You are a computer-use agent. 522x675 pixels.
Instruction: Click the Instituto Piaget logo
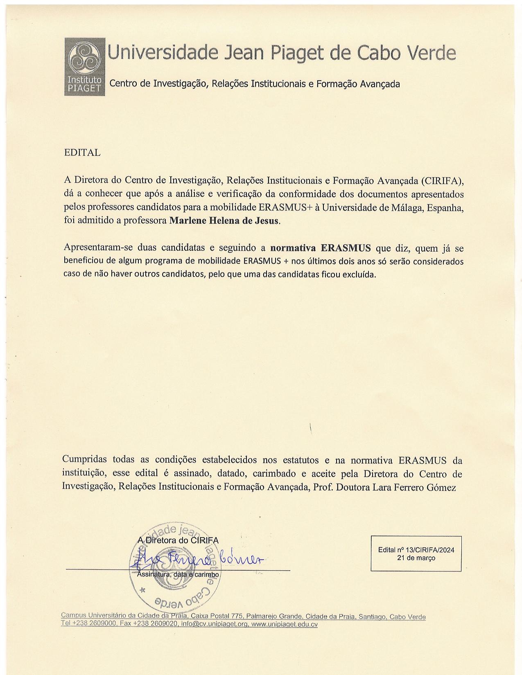pos(85,67)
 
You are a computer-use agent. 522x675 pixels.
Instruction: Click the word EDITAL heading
pos(82,153)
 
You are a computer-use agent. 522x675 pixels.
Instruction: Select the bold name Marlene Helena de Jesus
pos(224,220)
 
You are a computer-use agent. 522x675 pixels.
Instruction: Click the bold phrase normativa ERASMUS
pos(321,248)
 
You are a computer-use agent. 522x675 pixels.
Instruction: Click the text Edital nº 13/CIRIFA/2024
pos(416,550)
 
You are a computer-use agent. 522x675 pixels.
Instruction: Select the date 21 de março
pos(416,558)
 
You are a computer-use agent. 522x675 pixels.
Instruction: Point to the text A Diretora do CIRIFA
pos(178,540)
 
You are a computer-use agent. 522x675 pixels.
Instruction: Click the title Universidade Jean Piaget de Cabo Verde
pos(281,53)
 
